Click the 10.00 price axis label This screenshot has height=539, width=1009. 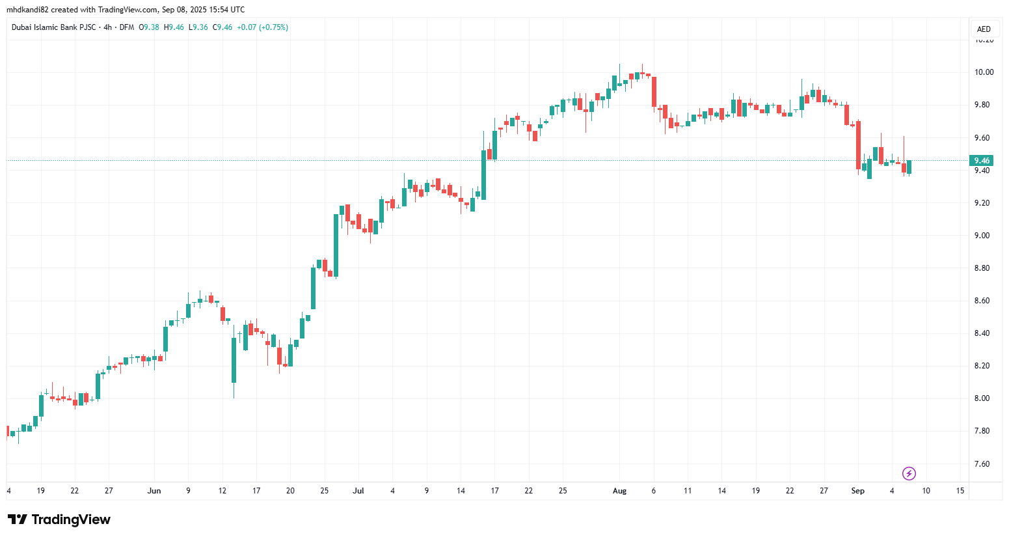tap(984, 72)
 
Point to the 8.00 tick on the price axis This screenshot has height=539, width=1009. tap(984, 398)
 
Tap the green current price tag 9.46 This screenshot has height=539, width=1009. tap(981, 161)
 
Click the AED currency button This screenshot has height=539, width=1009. tap(984, 29)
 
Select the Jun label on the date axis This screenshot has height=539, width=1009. tap(154, 491)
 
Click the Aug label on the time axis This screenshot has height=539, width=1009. tap(619, 491)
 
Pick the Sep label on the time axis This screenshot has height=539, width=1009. tap(857, 491)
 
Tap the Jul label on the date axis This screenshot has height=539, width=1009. tap(358, 491)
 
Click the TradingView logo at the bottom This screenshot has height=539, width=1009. tap(59, 519)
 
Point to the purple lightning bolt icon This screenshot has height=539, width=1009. tap(909, 473)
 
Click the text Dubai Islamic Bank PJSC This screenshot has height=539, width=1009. tap(53, 27)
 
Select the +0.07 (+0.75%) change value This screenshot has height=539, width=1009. tap(262, 27)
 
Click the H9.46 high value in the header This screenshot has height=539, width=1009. tap(174, 27)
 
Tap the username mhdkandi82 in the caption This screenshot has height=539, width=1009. tap(27, 10)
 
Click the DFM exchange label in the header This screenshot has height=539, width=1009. tap(126, 27)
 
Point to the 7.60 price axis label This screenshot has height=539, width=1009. tap(984, 464)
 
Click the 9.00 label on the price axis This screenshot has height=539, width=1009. tap(984, 236)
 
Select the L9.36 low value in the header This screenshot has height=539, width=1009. tap(198, 27)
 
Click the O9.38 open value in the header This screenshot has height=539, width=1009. tap(149, 27)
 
